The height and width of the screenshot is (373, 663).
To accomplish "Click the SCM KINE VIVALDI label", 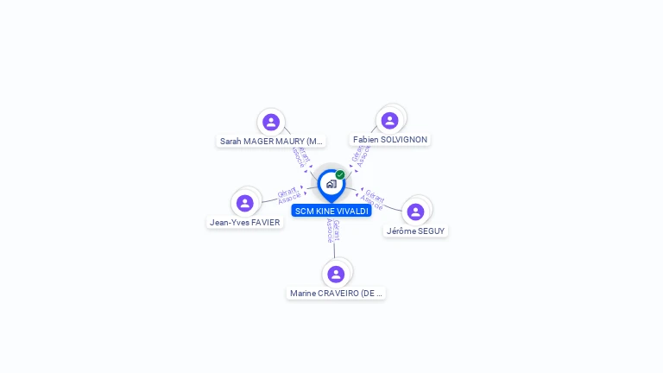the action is [331, 211].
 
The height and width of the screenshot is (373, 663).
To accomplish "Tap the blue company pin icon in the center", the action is [331, 184].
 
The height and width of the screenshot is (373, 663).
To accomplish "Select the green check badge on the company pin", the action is [340, 174].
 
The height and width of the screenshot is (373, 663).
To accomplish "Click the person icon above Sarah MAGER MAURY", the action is [271, 122].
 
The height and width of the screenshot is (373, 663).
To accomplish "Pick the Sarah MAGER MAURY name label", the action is [271, 141].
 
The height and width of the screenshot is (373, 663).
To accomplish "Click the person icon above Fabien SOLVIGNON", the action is [389, 120].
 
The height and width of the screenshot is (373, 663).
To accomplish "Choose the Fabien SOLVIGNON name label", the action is [390, 139].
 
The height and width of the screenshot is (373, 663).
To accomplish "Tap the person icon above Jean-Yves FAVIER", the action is [245, 203].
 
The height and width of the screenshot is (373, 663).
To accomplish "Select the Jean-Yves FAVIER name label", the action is [245, 222].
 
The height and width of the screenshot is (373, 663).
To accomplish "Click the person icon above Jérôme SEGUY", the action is [415, 212].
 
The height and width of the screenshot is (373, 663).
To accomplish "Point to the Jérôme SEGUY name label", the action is [415, 231].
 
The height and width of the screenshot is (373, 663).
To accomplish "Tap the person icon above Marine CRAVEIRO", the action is [336, 274].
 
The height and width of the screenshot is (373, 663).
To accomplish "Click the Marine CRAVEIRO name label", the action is [336, 293].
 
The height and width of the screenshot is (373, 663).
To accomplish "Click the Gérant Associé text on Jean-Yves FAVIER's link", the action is [289, 195].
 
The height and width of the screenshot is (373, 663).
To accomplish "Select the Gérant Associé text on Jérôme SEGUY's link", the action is [373, 199].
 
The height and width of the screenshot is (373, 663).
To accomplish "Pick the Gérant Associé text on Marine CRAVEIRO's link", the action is [332, 231].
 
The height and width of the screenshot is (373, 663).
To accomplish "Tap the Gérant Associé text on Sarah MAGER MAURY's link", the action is [300, 156].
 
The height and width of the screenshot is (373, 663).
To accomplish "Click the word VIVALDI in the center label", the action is [352, 211].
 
